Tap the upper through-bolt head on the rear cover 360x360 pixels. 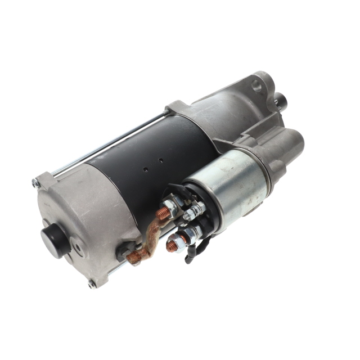(36, 183)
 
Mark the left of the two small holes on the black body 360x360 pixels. (145, 167)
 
